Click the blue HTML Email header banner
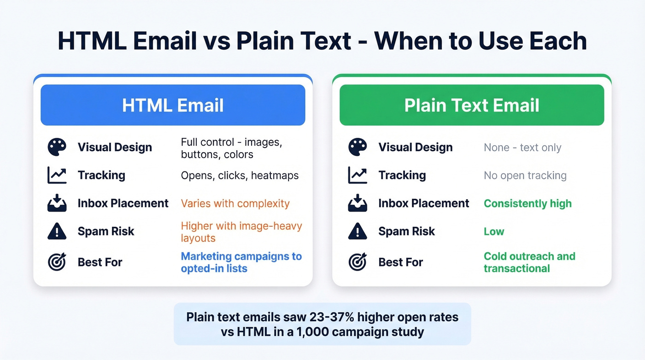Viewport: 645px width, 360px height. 173,105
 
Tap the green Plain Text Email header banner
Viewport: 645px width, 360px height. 472,105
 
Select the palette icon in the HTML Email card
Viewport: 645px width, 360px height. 57,147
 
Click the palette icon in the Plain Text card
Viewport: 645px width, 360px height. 358,147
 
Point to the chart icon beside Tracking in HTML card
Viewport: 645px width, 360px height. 57,175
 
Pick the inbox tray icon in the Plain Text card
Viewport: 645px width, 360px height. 358,203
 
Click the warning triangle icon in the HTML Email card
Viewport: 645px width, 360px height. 57,231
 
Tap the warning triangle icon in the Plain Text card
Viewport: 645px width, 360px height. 358,231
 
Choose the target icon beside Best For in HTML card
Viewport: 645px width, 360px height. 57,262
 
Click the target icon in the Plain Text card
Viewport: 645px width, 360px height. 358,262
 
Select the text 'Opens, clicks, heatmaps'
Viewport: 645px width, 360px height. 240,176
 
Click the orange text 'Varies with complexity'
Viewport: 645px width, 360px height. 235,203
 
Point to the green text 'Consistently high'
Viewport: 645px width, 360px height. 528,203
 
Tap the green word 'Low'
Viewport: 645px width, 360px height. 494,231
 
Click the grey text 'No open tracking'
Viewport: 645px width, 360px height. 525,176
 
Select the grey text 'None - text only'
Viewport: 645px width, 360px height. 522,148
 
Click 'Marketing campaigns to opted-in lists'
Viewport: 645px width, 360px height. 241,262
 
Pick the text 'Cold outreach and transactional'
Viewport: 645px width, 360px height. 529,262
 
